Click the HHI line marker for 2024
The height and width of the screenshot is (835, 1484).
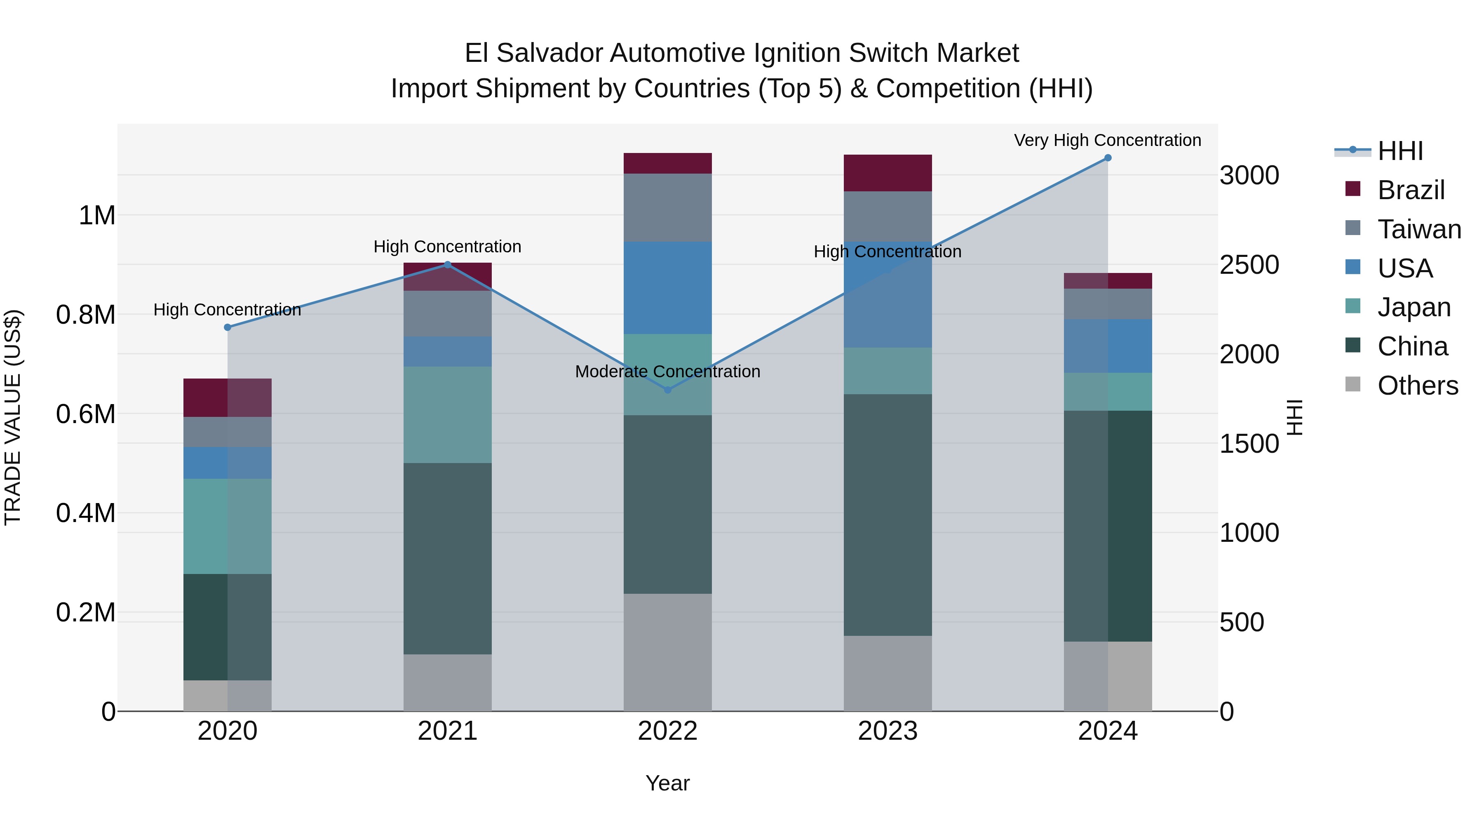(1107, 158)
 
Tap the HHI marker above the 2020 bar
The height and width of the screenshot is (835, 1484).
(228, 327)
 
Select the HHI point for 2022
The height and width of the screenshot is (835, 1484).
(668, 390)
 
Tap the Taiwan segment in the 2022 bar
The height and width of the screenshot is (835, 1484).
(668, 207)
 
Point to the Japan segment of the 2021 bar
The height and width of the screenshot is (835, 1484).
(448, 414)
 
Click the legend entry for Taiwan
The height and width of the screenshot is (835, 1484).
(1419, 229)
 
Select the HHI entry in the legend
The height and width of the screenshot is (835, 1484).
(1400, 151)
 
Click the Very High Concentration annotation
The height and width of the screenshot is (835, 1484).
(1107, 140)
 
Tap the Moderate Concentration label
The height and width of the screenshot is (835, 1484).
(668, 372)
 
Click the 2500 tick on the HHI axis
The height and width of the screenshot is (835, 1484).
(1249, 265)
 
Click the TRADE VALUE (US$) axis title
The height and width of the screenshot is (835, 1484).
(13, 417)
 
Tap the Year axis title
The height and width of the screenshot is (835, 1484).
(668, 783)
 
